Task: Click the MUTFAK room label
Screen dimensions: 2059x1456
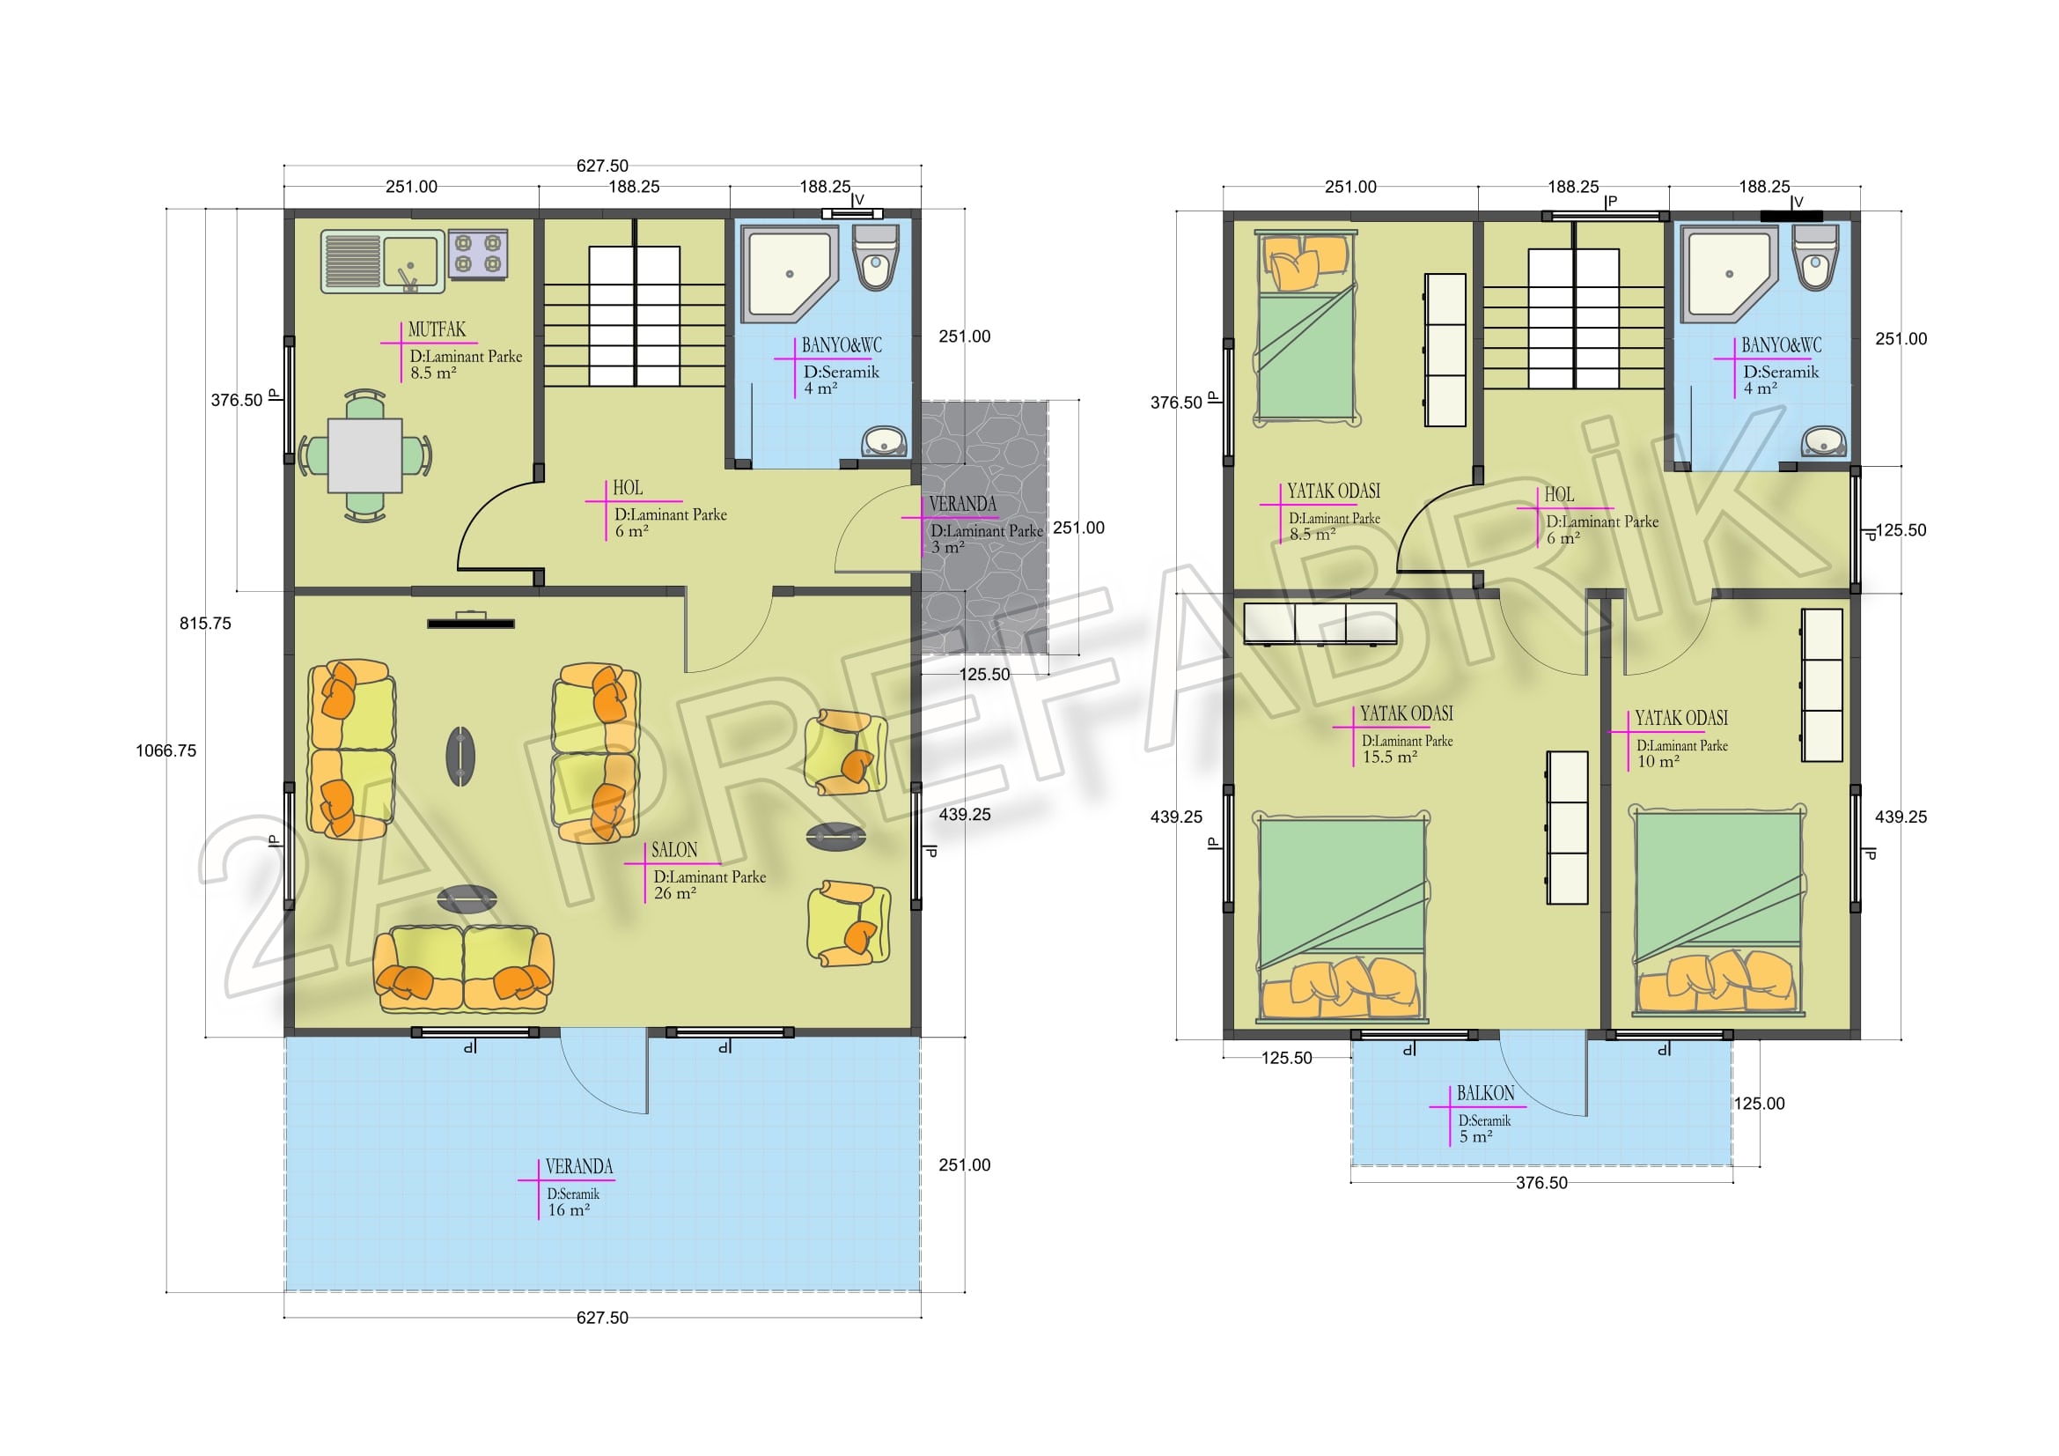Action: point(437,329)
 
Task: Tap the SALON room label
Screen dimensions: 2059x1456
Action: point(674,850)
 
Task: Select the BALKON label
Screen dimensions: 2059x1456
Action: point(1485,1093)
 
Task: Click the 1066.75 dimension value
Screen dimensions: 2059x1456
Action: point(165,750)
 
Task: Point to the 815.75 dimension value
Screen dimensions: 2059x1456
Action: point(205,624)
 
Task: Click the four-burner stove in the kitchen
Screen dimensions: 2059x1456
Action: point(478,254)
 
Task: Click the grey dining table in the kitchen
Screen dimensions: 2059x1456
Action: point(365,455)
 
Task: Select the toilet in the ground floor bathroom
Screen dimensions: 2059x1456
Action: point(875,257)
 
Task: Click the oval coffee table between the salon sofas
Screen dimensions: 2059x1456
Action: point(460,757)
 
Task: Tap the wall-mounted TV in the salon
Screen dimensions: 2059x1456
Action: point(471,622)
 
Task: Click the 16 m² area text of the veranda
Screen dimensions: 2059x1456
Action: point(569,1210)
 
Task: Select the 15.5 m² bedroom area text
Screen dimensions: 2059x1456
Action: point(1390,758)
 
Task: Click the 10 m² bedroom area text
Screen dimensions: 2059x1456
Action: point(1658,762)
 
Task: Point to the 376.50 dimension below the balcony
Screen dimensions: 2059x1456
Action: point(1541,1183)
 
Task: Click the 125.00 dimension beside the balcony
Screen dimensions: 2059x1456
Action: point(1760,1105)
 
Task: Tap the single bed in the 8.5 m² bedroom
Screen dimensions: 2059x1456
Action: point(1307,328)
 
